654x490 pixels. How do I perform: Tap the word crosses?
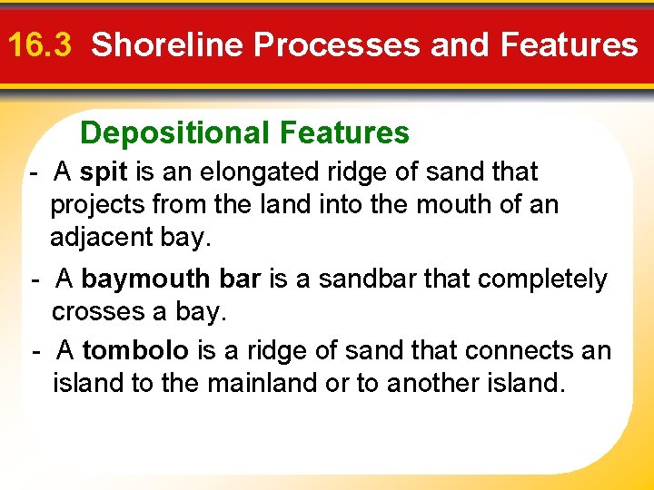pos(92,312)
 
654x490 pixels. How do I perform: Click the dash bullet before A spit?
pos(33,171)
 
